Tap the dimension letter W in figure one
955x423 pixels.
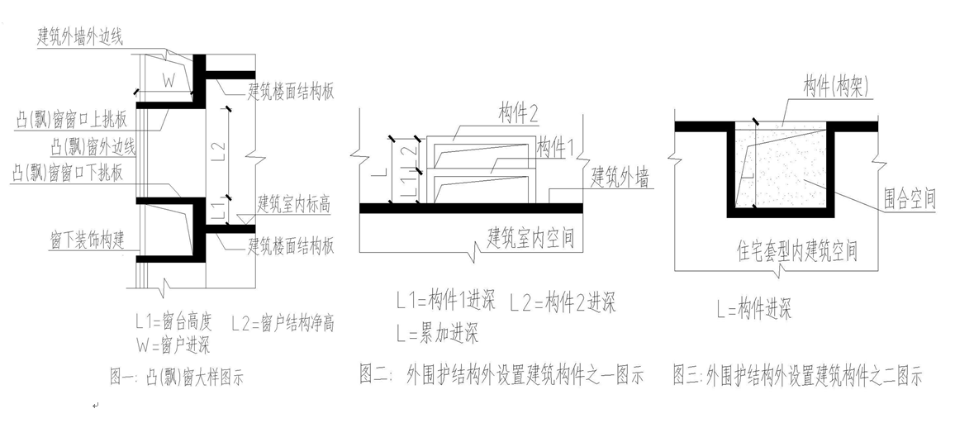pyautogui.click(x=168, y=80)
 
